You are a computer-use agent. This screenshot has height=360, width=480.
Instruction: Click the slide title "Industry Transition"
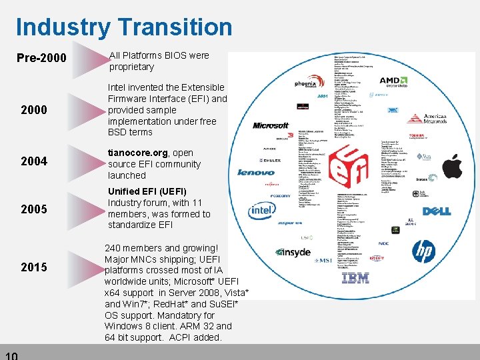coord(124,27)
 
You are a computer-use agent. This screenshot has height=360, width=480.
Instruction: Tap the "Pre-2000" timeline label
coord(41,59)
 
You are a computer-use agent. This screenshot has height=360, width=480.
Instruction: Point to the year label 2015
coord(33,267)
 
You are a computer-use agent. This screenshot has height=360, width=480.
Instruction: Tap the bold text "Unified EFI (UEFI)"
coord(147,191)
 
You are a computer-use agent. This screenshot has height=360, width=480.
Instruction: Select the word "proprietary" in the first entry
coord(131,67)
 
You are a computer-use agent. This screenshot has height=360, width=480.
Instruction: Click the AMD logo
coord(399,81)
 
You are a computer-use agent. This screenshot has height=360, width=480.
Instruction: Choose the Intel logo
coord(261,211)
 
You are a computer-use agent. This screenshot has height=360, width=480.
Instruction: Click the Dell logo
coord(437,211)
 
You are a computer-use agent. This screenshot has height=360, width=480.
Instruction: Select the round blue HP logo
coord(424,251)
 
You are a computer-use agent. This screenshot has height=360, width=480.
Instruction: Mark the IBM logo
coord(355,278)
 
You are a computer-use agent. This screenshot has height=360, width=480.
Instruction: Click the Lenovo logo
coord(256,173)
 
